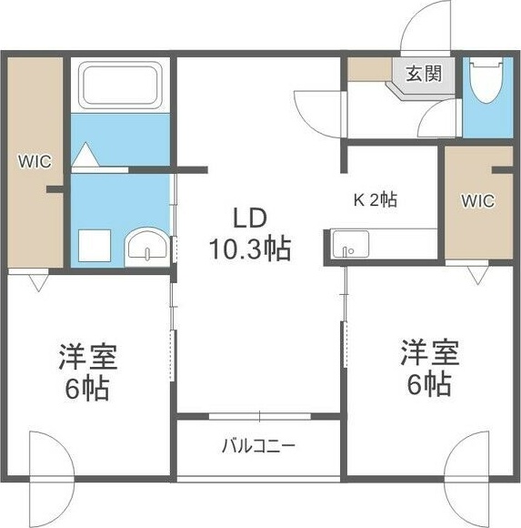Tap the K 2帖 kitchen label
(x=374, y=200)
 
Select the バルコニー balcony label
(x=258, y=446)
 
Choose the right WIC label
(x=477, y=200)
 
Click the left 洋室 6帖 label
(x=87, y=371)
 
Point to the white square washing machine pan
(x=94, y=246)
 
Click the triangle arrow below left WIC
(x=36, y=283)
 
